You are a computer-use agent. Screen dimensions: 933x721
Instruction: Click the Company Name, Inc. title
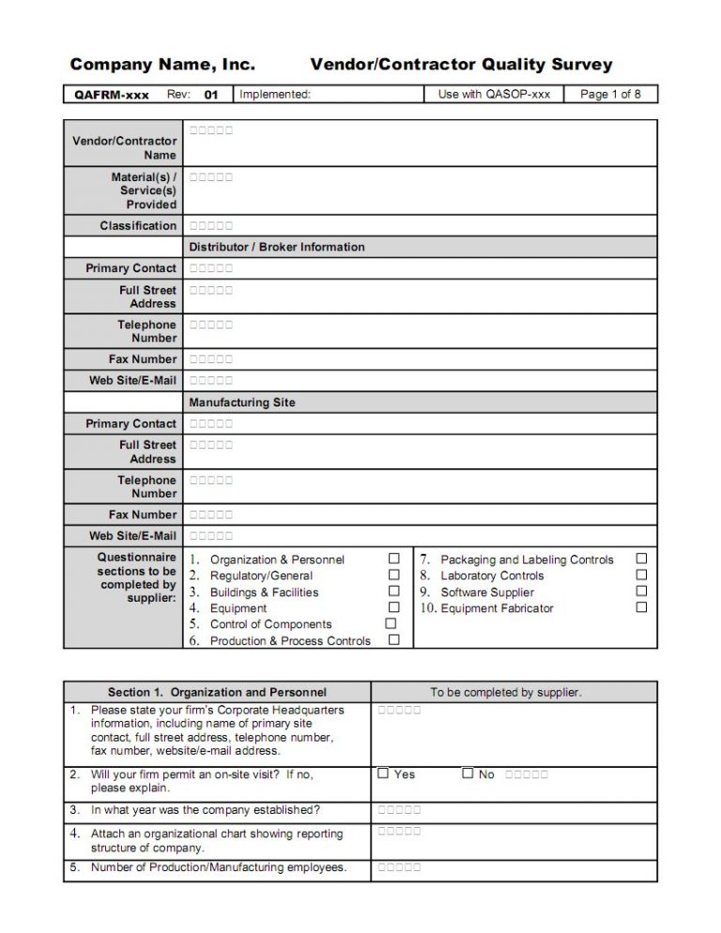coord(162,65)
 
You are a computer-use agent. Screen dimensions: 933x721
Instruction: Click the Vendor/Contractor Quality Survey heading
coord(461,65)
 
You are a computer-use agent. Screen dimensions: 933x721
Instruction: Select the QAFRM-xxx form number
coord(112,95)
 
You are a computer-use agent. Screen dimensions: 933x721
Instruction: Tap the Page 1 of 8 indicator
coord(610,95)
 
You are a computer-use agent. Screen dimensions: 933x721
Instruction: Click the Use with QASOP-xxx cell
coord(494,95)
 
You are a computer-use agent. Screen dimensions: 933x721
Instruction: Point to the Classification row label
coord(138,226)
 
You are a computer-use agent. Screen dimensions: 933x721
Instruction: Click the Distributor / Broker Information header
coord(277,247)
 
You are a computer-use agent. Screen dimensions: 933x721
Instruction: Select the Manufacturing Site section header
coord(242,403)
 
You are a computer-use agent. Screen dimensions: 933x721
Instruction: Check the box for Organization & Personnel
coord(394,559)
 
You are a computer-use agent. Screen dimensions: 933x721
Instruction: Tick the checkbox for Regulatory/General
coord(394,575)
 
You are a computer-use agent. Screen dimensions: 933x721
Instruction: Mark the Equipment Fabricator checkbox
coord(641,607)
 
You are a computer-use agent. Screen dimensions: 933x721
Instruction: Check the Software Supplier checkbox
coord(641,591)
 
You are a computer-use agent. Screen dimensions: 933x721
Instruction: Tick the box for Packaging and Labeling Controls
coord(641,558)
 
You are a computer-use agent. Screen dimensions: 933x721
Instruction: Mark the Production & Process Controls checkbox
coord(394,640)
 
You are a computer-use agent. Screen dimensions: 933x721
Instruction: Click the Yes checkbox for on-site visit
coord(383,774)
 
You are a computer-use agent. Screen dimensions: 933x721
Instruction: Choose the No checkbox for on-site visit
coord(468,774)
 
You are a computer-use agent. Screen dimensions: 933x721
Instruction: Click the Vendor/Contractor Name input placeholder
coord(211,131)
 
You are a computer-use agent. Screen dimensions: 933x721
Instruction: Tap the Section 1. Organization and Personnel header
coord(217,693)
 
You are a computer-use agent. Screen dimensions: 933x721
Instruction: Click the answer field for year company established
coord(399,810)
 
